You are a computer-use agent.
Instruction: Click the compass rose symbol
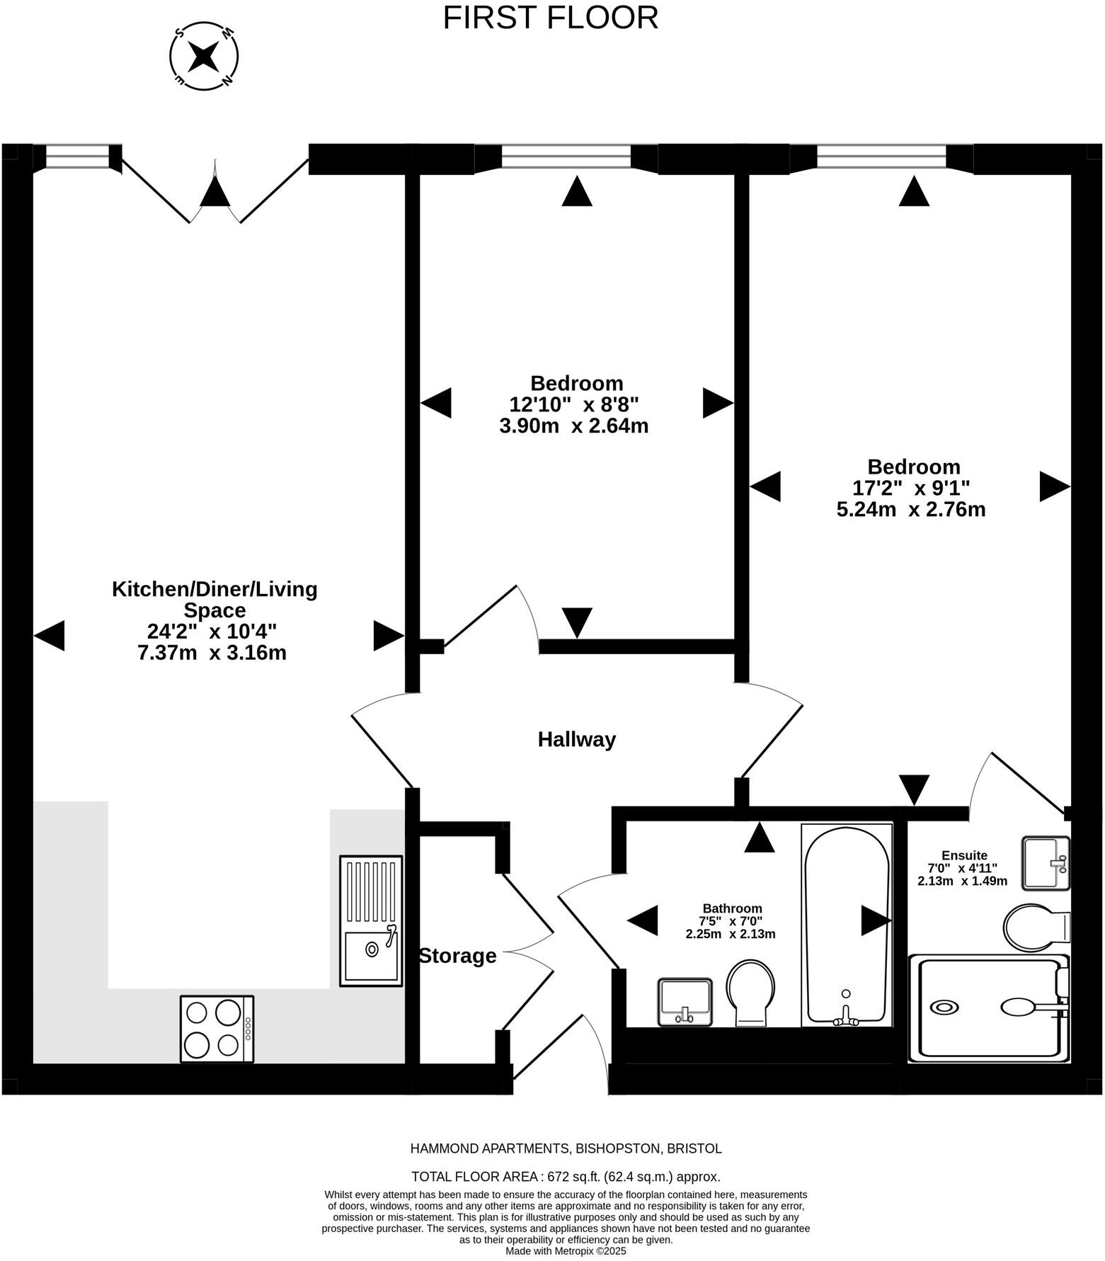[204, 55]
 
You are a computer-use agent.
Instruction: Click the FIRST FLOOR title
[550, 18]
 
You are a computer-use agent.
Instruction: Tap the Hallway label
[576, 739]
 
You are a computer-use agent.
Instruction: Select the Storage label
[457, 956]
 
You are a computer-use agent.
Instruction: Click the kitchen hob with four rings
[217, 1029]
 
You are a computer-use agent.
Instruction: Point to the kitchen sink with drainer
[371, 920]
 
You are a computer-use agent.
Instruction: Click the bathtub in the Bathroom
[847, 925]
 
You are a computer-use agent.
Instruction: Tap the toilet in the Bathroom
[751, 992]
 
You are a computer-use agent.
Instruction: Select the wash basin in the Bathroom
[685, 1001]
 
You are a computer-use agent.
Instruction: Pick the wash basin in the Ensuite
[1046, 862]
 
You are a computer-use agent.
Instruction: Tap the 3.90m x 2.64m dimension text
[573, 426]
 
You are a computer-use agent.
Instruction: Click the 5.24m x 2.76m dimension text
[911, 509]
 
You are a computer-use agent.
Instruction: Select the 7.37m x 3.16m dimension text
[212, 653]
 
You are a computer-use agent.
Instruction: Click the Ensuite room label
[963, 855]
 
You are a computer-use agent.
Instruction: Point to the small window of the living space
[78, 157]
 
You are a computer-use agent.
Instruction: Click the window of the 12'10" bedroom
[566, 157]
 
